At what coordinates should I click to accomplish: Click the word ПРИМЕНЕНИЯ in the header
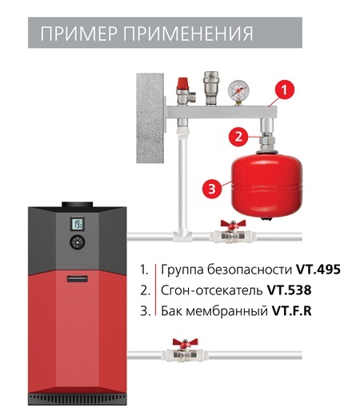(188, 34)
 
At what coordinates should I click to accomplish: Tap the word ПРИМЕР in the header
(79, 34)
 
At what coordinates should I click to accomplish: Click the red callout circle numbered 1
(284, 90)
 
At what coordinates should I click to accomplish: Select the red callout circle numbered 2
(238, 137)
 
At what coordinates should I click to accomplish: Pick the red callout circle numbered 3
(212, 188)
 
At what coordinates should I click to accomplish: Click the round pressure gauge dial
(238, 89)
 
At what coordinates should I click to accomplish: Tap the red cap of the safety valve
(182, 83)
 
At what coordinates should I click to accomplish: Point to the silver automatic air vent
(211, 88)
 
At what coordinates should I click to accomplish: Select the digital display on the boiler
(78, 224)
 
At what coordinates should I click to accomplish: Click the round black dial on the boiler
(78, 242)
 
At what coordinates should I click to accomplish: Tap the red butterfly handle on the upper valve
(233, 224)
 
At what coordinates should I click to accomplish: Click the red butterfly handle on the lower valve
(185, 342)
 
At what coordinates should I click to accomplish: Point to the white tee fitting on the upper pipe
(182, 236)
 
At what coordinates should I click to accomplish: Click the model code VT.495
(318, 270)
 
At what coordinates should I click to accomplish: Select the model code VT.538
(290, 290)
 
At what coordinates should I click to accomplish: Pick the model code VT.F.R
(292, 310)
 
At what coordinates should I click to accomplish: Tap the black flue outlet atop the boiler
(78, 204)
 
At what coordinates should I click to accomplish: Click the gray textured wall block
(150, 118)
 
